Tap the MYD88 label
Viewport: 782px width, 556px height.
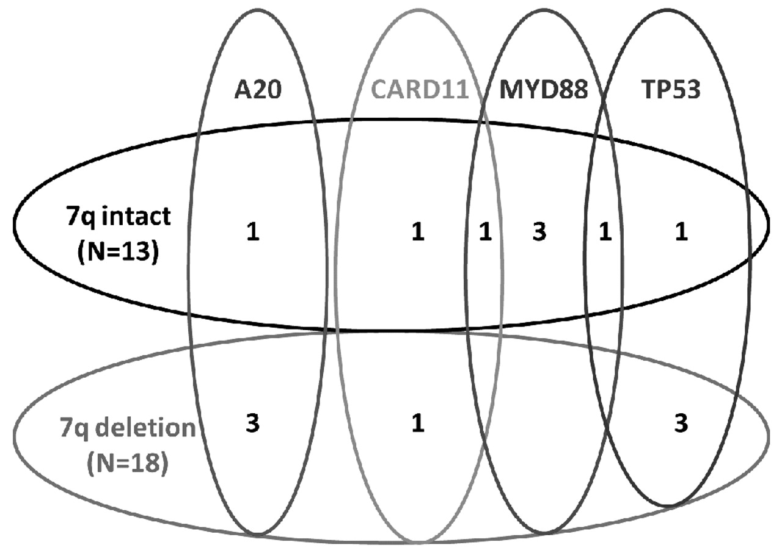(544, 90)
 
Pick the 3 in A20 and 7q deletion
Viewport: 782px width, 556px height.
(252, 424)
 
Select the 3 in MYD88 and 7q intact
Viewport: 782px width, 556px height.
(539, 233)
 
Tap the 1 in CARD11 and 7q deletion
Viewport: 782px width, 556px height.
(417, 424)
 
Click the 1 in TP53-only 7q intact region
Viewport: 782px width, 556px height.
(681, 233)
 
